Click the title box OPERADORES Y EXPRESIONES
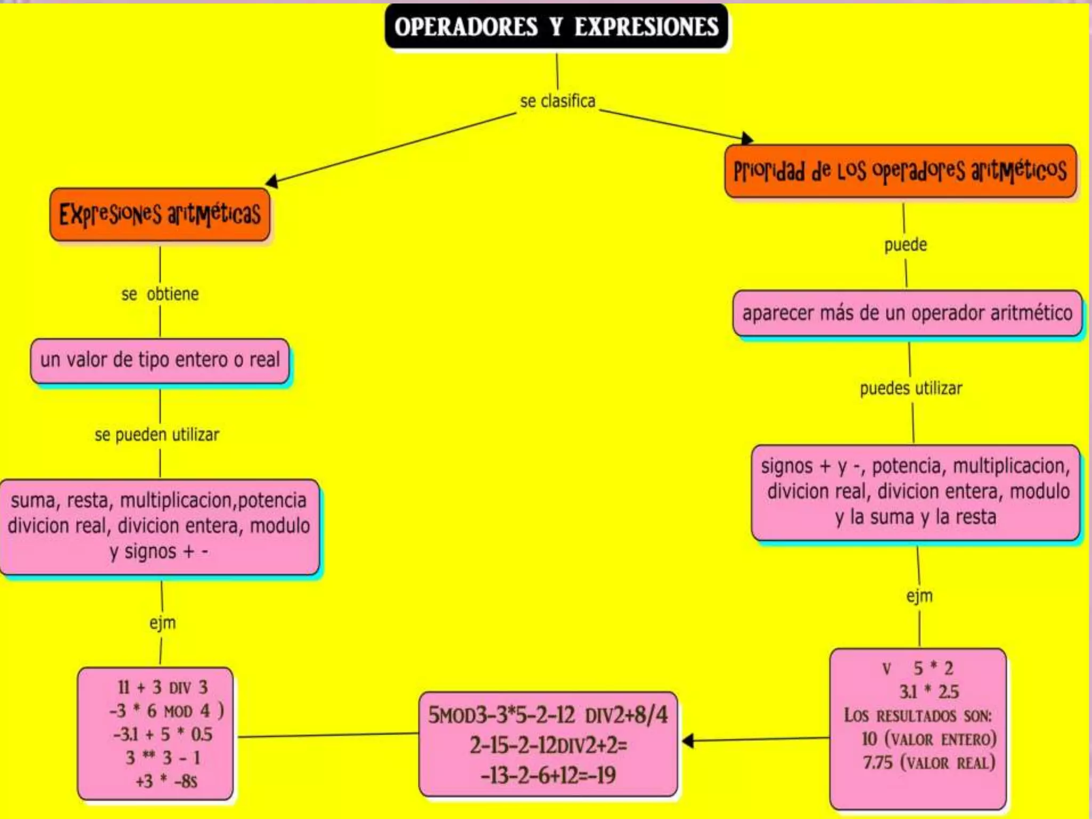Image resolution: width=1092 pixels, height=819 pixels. coord(556,27)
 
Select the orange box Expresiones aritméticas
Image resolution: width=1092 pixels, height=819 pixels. coord(160,214)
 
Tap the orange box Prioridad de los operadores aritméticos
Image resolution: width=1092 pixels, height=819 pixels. coord(900,171)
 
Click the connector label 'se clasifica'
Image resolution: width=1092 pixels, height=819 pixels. coord(557,101)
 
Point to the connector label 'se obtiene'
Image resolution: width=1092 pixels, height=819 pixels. coord(160,294)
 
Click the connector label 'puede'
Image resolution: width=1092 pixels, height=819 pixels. coord(905,245)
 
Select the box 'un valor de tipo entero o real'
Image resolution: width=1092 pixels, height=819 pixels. coord(160,360)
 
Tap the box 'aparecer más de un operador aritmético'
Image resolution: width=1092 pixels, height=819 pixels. coord(907,313)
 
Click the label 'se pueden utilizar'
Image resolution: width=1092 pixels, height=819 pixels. coord(157,435)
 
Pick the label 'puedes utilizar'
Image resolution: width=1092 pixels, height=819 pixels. coord(911,388)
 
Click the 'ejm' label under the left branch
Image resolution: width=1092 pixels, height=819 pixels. coord(162,622)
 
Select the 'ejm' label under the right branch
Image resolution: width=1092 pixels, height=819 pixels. coord(919,596)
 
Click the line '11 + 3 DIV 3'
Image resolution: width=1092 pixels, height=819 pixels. coord(163,687)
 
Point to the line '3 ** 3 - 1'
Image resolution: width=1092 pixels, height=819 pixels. coord(163,758)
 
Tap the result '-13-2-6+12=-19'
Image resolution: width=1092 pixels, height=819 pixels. coord(548,775)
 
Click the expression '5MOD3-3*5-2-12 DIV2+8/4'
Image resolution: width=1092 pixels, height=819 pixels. coord(548,715)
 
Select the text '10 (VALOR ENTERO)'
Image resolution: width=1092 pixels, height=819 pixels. coord(929,739)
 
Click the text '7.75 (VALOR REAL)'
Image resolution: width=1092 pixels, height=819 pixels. coord(929,762)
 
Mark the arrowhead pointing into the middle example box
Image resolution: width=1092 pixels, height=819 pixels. coord(688,741)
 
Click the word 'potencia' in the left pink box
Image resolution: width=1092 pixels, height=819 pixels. coord(272,500)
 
